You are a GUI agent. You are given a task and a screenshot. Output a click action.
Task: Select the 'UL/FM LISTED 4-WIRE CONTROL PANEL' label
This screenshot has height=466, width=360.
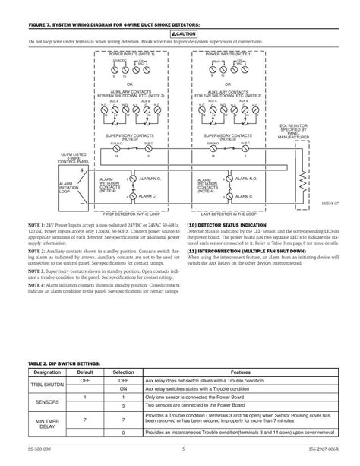coord(75,138)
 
